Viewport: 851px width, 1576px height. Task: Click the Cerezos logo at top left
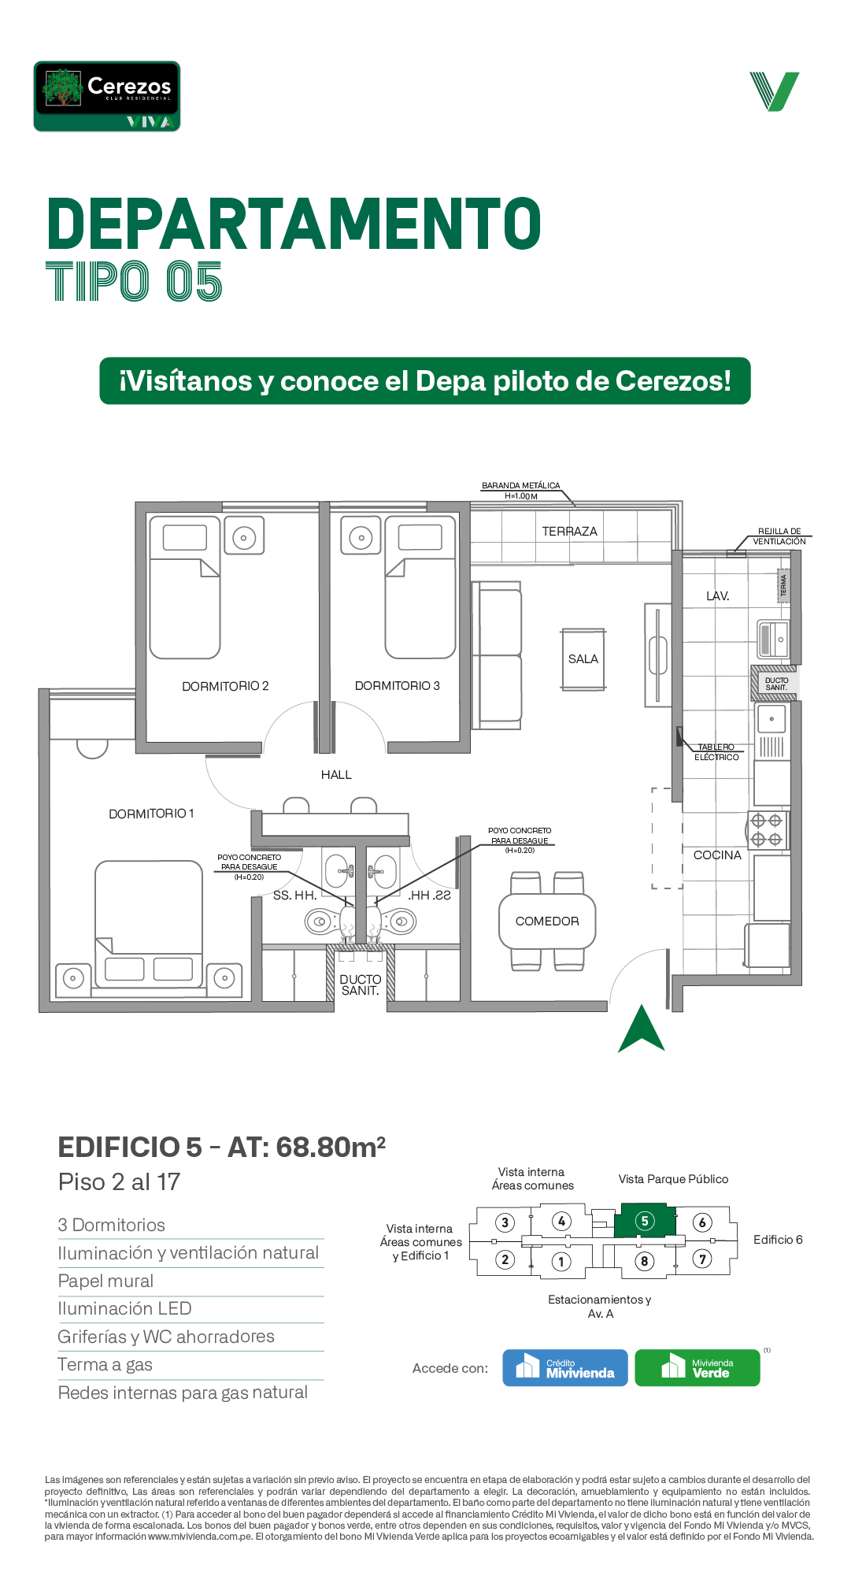(x=107, y=96)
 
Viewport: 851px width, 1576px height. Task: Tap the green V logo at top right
(x=775, y=91)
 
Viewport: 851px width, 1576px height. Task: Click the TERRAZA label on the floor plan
(x=569, y=532)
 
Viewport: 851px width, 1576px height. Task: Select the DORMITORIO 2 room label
(x=225, y=686)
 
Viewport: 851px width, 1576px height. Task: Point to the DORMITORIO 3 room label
(x=398, y=686)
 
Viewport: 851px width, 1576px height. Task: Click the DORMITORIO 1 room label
(x=151, y=814)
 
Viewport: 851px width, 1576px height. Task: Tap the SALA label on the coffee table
(x=583, y=659)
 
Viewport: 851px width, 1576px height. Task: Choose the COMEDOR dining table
(x=547, y=921)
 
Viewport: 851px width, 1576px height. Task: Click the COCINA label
(x=717, y=855)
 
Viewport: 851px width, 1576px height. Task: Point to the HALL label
(x=336, y=775)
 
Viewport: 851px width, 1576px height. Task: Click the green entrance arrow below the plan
(x=642, y=1029)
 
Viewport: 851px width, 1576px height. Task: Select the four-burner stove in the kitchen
(x=767, y=830)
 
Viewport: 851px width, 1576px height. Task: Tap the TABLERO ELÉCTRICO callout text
(x=716, y=752)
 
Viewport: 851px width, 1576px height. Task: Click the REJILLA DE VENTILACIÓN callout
(x=779, y=536)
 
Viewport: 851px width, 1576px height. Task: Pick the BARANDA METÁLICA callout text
(x=521, y=491)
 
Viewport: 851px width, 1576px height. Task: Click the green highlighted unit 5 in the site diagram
(x=645, y=1222)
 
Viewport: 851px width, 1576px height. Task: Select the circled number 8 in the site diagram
(x=644, y=1261)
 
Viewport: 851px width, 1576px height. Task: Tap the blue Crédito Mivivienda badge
(x=565, y=1368)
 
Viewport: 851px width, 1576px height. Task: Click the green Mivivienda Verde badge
(x=697, y=1368)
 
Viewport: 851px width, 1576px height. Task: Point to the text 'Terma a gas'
(x=105, y=1365)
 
